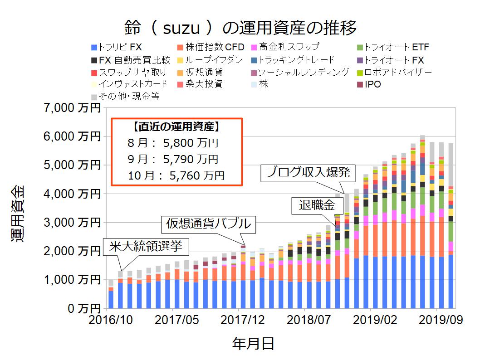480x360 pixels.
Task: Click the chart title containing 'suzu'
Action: click(240, 28)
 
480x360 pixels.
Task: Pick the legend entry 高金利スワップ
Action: click(289, 47)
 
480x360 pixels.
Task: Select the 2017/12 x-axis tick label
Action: click(243, 320)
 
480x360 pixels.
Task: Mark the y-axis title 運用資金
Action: click(19, 213)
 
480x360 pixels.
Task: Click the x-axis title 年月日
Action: click(253, 343)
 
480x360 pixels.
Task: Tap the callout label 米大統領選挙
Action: click(146, 247)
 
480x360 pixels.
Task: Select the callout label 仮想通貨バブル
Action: click(208, 223)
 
